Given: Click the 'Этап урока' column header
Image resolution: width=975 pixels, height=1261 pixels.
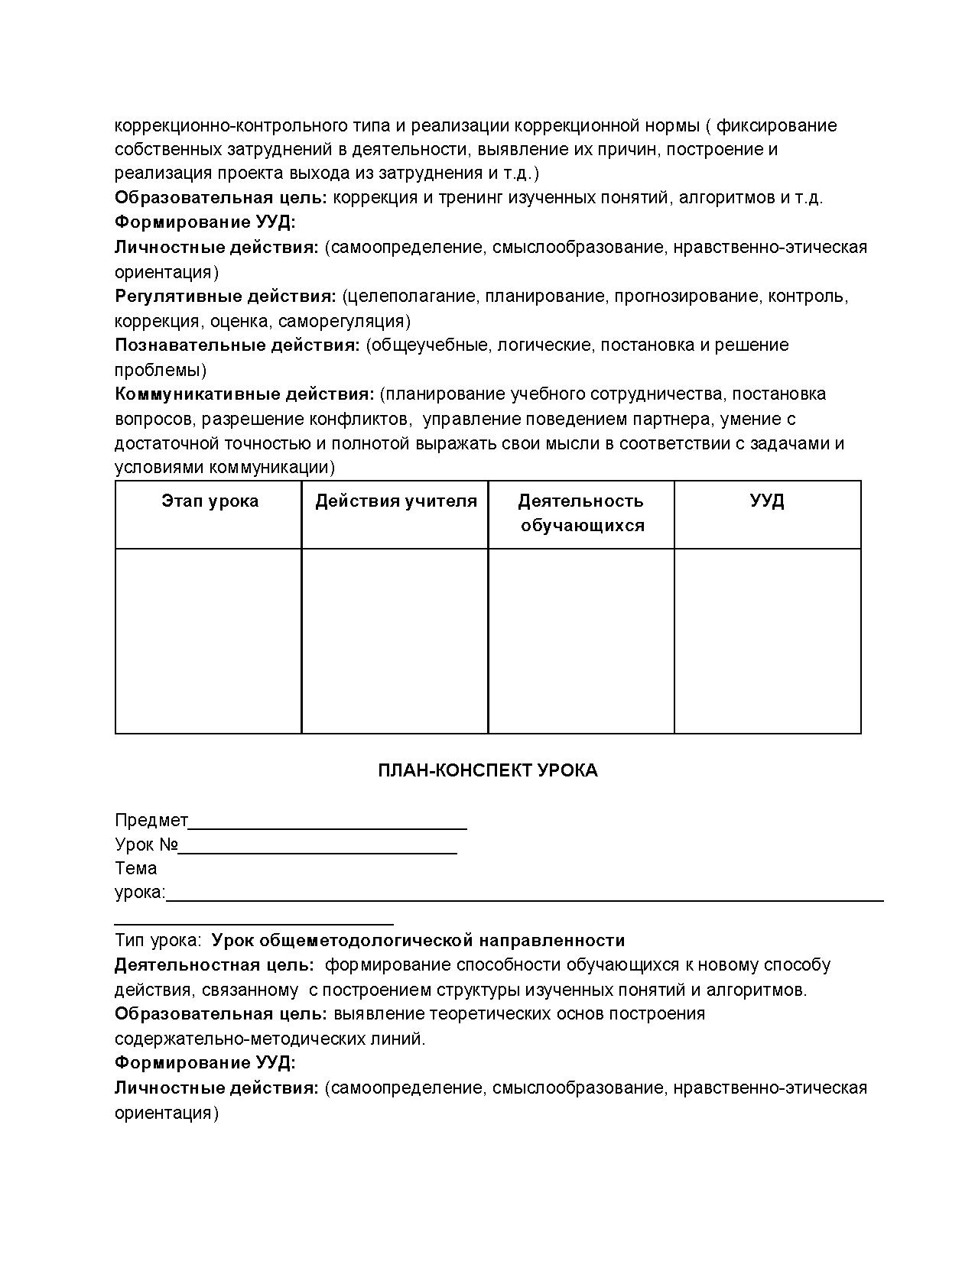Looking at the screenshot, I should pyautogui.click(x=210, y=501).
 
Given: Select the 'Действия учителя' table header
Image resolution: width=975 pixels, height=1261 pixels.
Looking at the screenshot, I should pyautogui.click(x=395, y=501).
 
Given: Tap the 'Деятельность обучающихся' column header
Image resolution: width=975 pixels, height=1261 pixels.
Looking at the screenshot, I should pyautogui.click(x=582, y=513).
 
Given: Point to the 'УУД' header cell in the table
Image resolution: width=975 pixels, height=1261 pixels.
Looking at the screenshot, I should pyautogui.click(x=767, y=501).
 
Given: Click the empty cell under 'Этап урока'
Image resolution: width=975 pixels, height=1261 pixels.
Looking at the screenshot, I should pyautogui.click(x=208, y=640).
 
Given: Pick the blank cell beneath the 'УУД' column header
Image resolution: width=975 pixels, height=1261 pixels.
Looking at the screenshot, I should pyautogui.click(x=767, y=640).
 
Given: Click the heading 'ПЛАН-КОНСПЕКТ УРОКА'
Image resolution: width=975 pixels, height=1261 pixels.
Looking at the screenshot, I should pyautogui.click(x=487, y=770).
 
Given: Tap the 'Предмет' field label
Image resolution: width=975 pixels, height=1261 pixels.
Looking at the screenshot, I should pyautogui.click(x=151, y=820).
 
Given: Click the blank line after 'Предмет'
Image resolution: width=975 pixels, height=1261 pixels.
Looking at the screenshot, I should pyautogui.click(x=327, y=825).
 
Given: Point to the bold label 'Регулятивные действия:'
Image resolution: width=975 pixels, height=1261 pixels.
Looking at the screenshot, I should pyautogui.click(x=226, y=297).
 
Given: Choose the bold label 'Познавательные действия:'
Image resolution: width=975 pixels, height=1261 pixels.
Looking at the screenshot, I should pyautogui.click(x=237, y=345).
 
